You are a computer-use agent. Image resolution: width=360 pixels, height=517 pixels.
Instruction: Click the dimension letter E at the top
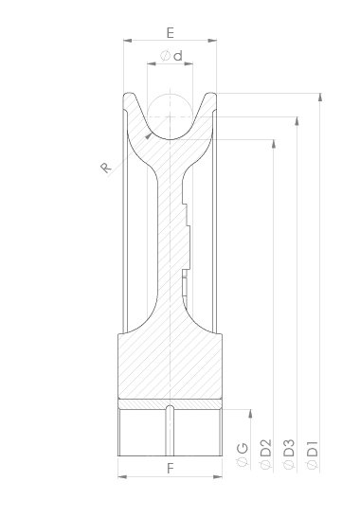(x=170, y=33)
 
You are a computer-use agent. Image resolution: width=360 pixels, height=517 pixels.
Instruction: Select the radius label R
(x=105, y=168)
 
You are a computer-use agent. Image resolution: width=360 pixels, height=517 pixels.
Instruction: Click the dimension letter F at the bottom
(x=171, y=468)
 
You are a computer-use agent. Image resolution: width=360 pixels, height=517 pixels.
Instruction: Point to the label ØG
(x=243, y=455)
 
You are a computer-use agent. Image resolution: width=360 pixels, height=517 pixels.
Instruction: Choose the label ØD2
(x=265, y=454)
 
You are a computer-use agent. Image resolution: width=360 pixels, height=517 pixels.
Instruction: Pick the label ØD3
(x=289, y=454)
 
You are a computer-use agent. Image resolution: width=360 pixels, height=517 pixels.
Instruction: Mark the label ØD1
(x=312, y=455)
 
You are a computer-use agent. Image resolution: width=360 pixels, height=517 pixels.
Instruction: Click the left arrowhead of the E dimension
(x=128, y=41)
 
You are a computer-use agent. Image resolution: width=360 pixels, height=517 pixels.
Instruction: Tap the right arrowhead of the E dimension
(x=212, y=41)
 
